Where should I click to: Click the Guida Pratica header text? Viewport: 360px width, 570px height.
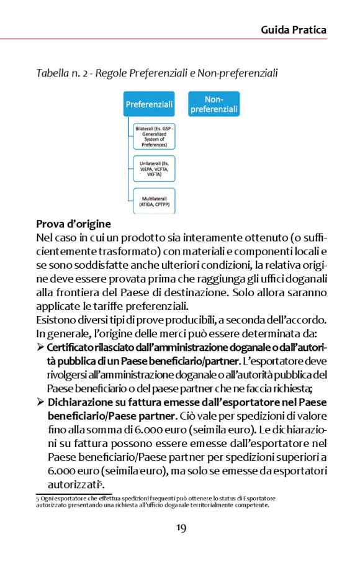coord(293,30)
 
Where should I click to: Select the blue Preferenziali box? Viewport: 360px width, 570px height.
coord(149,104)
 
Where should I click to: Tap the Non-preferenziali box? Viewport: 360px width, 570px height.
coord(214,104)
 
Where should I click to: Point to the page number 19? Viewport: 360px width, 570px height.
coord(180,528)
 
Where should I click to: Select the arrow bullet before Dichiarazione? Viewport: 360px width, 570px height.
coord(40,402)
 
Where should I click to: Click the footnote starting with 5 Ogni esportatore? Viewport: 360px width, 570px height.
coord(155,501)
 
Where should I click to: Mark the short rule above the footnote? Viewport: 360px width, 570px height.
coord(73,494)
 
